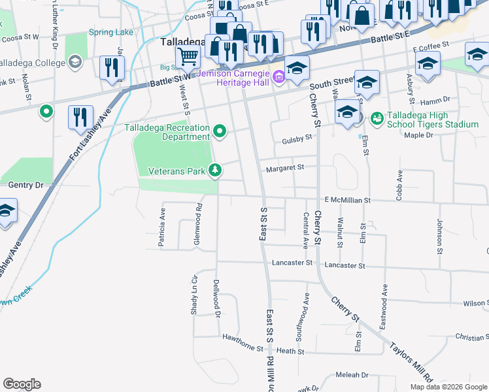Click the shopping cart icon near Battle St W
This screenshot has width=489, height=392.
pos(188,57)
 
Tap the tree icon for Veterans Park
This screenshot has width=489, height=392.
pos(214,171)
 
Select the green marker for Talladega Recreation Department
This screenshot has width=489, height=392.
pos(220,132)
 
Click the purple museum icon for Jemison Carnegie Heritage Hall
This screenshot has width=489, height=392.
pos(279,78)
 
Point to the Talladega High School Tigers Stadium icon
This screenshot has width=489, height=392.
pos(377,118)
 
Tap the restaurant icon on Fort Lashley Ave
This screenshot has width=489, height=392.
pos(81,117)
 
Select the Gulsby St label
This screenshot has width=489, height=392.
pos(297,139)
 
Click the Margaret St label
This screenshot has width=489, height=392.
pos(284,168)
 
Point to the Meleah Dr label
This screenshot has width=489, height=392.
pos(352,375)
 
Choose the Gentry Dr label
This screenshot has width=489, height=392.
pos(25,186)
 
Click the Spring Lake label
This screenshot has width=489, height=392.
pos(111,32)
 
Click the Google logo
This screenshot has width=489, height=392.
pos(22,384)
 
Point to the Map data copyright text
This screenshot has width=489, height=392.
pos(448,386)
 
